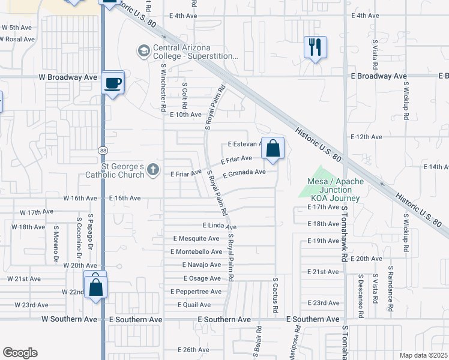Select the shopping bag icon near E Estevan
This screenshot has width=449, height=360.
tap(273, 148)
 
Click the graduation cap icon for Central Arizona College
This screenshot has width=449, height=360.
tap(144, 51)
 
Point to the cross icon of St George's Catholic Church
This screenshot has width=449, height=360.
tap(153, 170)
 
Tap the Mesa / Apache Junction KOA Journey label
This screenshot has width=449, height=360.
tap(333, 190)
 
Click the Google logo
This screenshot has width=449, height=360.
tap(20, 353)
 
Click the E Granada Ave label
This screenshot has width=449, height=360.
tap(244, 173)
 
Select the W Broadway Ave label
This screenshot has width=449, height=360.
tap(67, 77)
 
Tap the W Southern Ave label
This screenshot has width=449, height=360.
tap(69, 320)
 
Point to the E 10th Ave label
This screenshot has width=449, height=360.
tap(185, 115)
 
